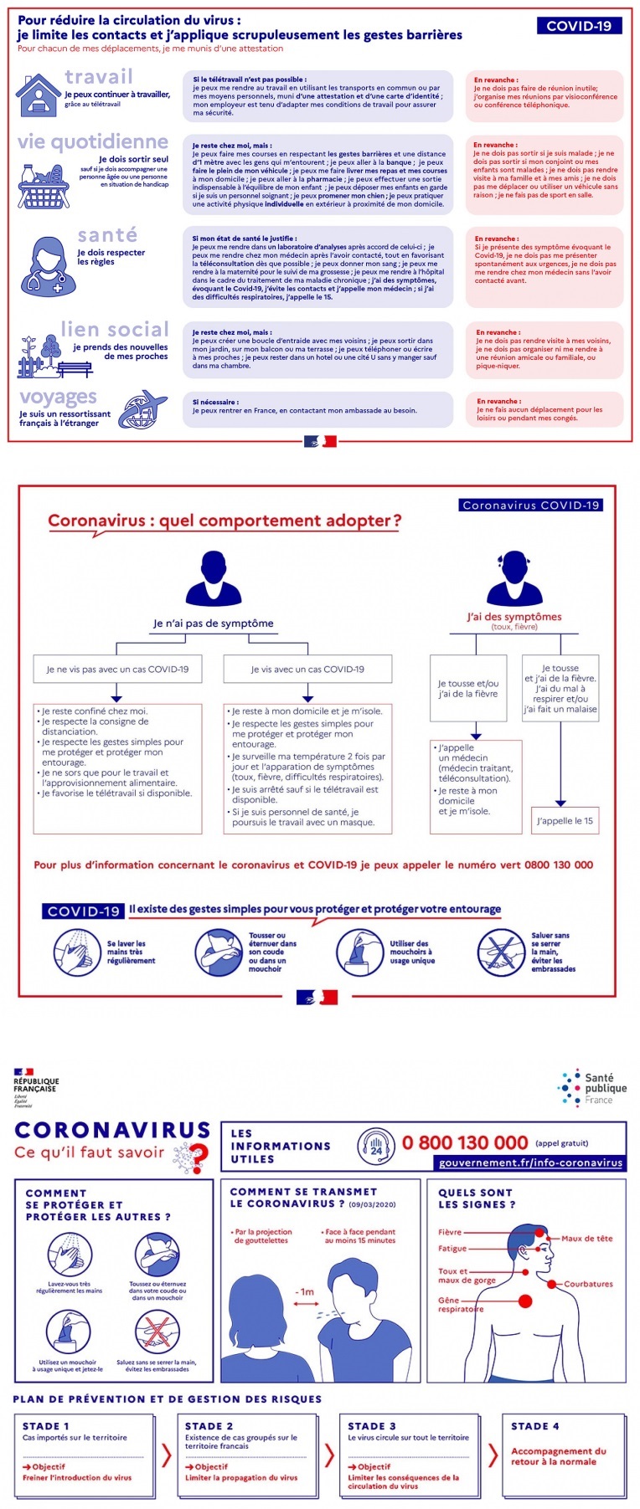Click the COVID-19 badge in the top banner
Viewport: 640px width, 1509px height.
click(579, 26)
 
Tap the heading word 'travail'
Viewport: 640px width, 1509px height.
click(98, 77)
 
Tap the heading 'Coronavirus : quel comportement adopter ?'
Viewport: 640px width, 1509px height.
click(225, 521)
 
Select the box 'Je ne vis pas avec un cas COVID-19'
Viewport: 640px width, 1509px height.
click(117, 669)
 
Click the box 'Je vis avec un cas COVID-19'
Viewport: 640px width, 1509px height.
click(307, 669)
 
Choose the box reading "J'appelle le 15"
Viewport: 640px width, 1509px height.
click(565, 820)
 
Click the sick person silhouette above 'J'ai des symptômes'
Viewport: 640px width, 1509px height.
click(513, 578)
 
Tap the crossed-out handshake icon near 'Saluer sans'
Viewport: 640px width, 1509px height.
click(501, 952)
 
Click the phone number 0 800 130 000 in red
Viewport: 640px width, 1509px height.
click(465, 1142)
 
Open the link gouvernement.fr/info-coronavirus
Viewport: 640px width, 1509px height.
click(530, 1163)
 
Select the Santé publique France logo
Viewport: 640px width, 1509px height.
click(592, 1088)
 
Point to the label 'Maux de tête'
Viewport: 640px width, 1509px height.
click(586, 1238)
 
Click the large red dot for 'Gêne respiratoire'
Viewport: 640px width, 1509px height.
click(525, 1301)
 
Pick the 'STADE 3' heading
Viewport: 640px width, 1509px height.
click(372, 1425)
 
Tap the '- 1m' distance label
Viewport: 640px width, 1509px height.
click(305, 1291)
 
